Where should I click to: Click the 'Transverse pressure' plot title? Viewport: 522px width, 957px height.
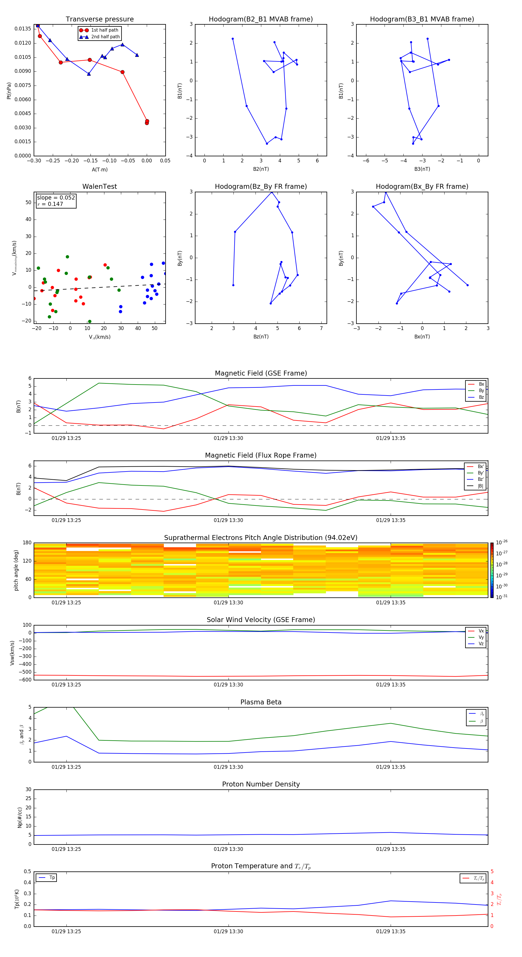99,19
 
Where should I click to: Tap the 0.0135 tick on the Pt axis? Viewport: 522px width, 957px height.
23,29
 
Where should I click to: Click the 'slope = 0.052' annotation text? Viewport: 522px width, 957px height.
56,198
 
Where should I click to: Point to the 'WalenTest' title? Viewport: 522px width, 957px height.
99,186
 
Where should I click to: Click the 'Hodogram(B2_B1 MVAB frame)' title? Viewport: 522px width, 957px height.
260,19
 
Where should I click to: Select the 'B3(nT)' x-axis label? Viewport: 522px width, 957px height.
422,169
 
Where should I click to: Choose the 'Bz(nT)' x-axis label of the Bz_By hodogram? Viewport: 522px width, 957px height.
261,337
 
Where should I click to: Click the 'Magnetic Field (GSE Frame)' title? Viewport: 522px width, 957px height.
261,373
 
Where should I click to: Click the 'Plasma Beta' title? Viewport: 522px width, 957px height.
261,702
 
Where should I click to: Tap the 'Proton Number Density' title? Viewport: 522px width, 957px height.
261,784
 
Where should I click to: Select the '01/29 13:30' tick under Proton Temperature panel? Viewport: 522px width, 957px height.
228,931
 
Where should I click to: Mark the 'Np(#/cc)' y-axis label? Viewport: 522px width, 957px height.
20,817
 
